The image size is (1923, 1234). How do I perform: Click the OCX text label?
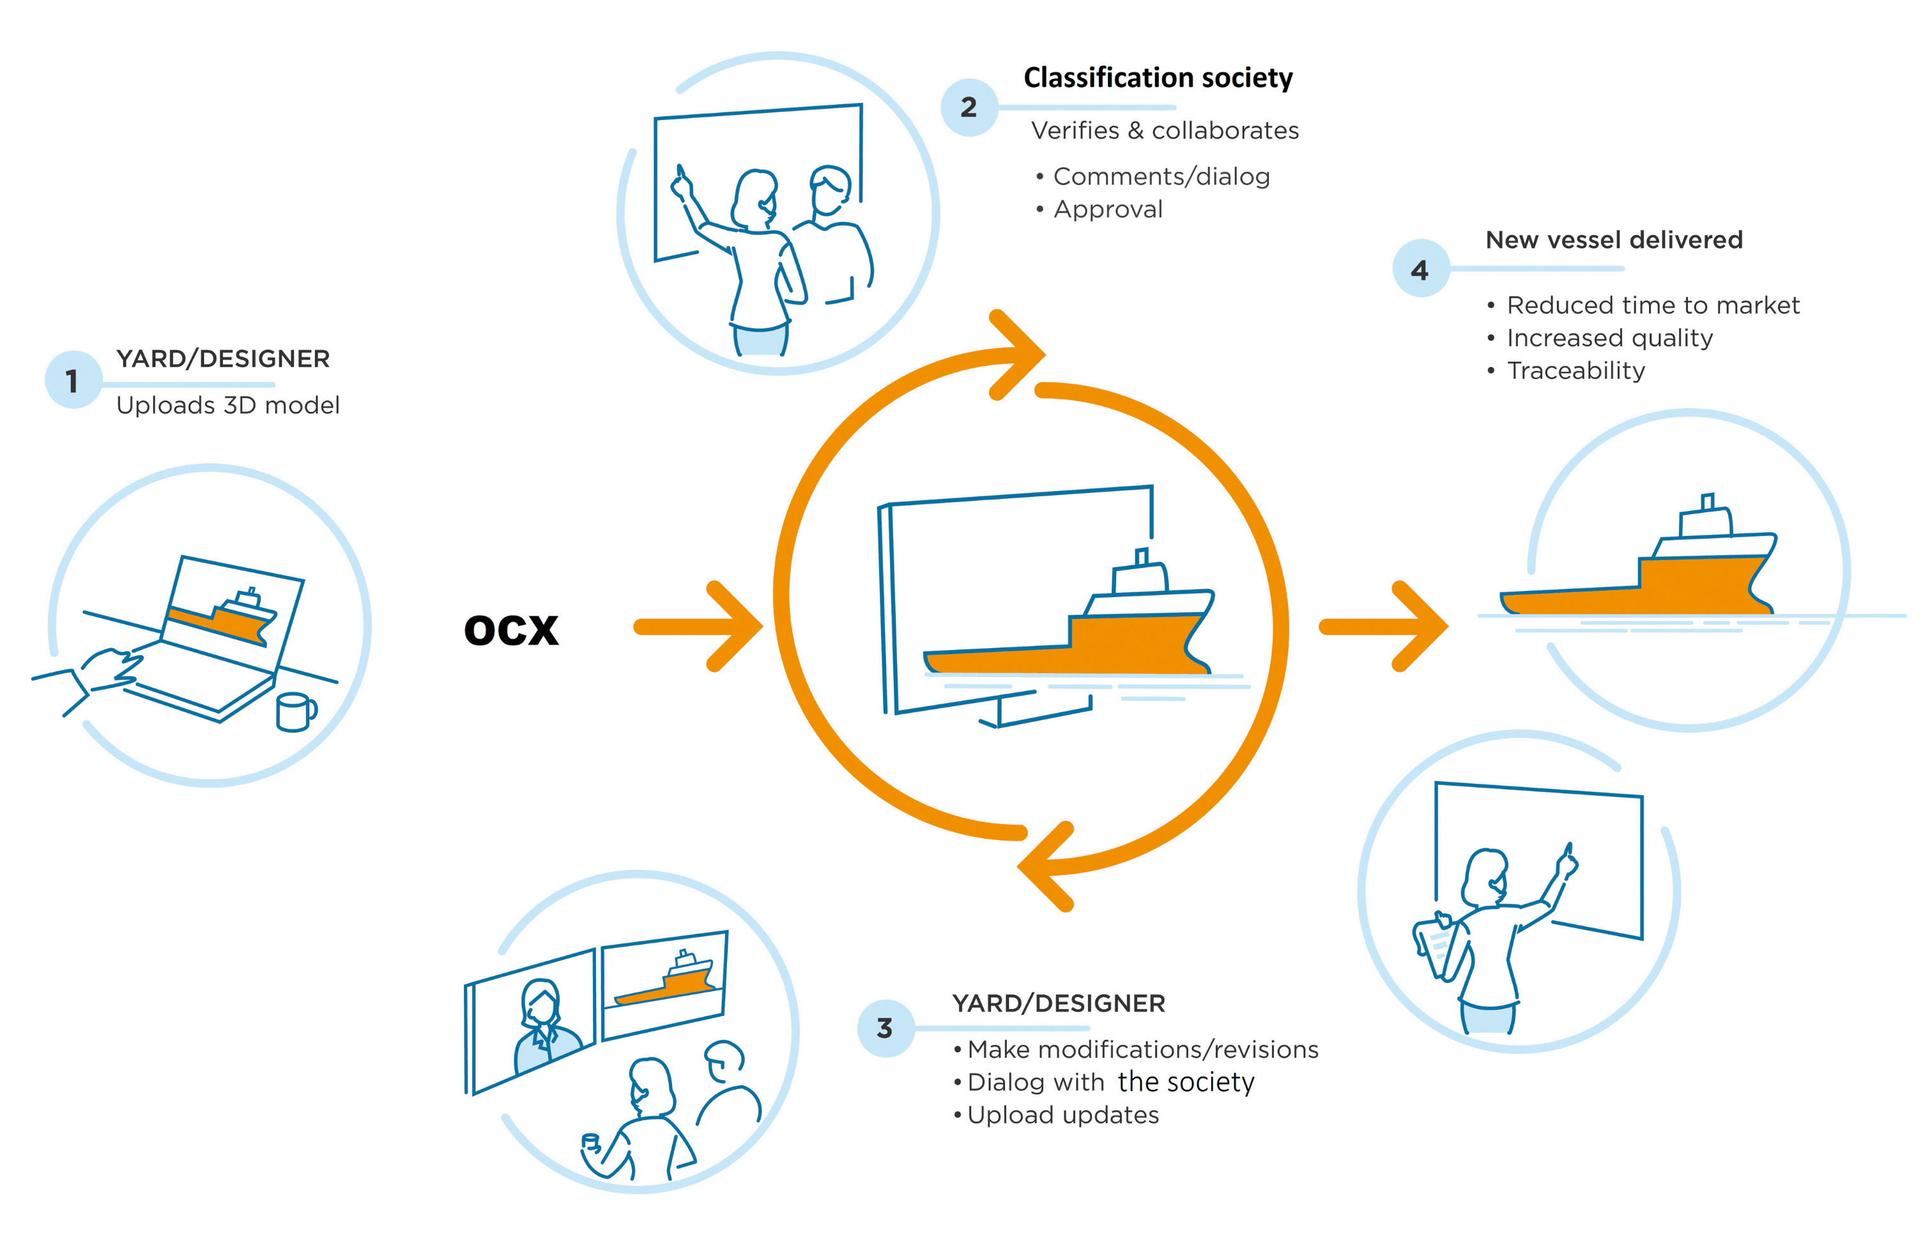point(510,630)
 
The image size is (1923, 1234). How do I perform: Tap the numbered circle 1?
point(73,380)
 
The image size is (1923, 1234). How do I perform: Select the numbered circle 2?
point(969,107)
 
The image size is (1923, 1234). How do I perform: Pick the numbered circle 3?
point(885,1028)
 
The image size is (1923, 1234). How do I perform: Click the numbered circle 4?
point(1420,270)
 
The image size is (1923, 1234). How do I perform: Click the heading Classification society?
point(1157,78)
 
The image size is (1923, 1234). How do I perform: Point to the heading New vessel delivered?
point(1613,240)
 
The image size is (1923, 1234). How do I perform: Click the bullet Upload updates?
point(1062,1115)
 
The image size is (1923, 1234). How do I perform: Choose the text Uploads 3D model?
point(227,406)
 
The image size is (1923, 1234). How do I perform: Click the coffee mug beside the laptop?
point(294,712)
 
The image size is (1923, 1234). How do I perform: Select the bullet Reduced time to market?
point(1651,305)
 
